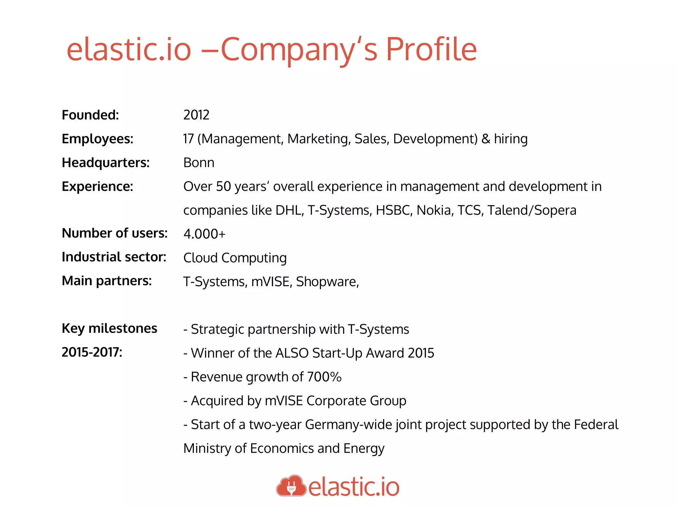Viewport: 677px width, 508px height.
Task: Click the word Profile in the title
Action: (431, 50)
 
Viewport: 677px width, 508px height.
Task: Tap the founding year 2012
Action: (196, 115)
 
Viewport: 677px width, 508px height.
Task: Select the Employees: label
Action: (98, 139)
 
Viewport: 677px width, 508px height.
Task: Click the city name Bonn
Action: (199, 163)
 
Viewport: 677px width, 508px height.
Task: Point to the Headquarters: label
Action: (106, 163)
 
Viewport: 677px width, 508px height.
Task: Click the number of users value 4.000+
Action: (204, 234)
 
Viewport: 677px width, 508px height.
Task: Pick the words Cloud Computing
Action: (235, 258)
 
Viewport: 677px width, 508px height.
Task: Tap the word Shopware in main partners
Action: (327, 282)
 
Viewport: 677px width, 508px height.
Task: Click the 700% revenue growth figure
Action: (324, 377)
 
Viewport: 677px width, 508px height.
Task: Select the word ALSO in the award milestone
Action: (292, 353)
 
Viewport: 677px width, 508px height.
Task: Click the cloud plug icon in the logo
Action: (291, 486)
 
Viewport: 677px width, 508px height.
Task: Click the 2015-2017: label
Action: (92, 352)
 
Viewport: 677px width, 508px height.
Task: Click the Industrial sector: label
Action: (114, 257)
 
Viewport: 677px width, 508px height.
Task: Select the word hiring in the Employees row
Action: (511, 139)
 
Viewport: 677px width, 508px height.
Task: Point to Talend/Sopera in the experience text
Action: (532, 210)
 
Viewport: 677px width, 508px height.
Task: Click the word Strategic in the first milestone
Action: (217, 329)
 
